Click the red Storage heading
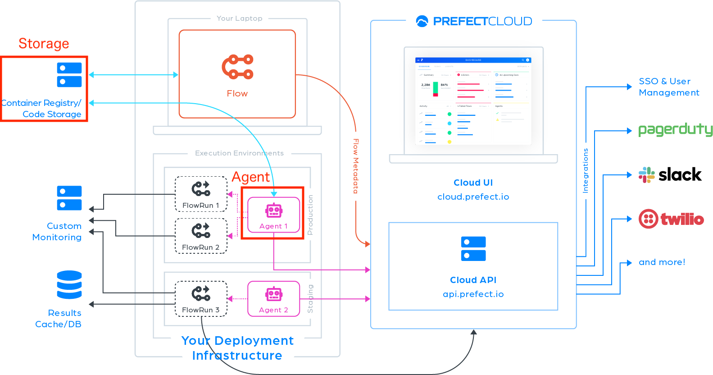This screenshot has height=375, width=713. [x=44, y=44]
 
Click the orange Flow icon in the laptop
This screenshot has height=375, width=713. [x=237, y=67]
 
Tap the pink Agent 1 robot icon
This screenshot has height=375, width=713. [x=274, y=210]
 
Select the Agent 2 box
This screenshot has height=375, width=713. [x=274, y=299]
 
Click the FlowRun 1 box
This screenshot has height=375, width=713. [x=201, y=194]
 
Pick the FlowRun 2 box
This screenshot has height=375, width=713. [x=201, y=236]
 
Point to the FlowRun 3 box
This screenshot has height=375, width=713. [x=201, y=299]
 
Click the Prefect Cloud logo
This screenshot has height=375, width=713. [x=474, y=21]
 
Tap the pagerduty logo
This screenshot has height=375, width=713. [x=675, y=130]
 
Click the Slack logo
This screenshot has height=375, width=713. [x=647, y=175]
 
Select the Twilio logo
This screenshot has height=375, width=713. [x=671, y=219]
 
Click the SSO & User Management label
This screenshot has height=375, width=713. [x=669, y=87]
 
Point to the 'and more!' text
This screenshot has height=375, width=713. [x=662, y=262]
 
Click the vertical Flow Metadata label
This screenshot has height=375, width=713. [x=356, y=166]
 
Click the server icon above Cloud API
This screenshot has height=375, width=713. [x=473, y=248]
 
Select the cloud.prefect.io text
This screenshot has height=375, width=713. [x=473, y=197]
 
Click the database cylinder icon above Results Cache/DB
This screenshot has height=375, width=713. [x=69, y=285]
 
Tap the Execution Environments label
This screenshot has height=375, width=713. [x=239, y=153]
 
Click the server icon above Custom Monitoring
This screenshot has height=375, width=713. [x=69, y=198]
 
